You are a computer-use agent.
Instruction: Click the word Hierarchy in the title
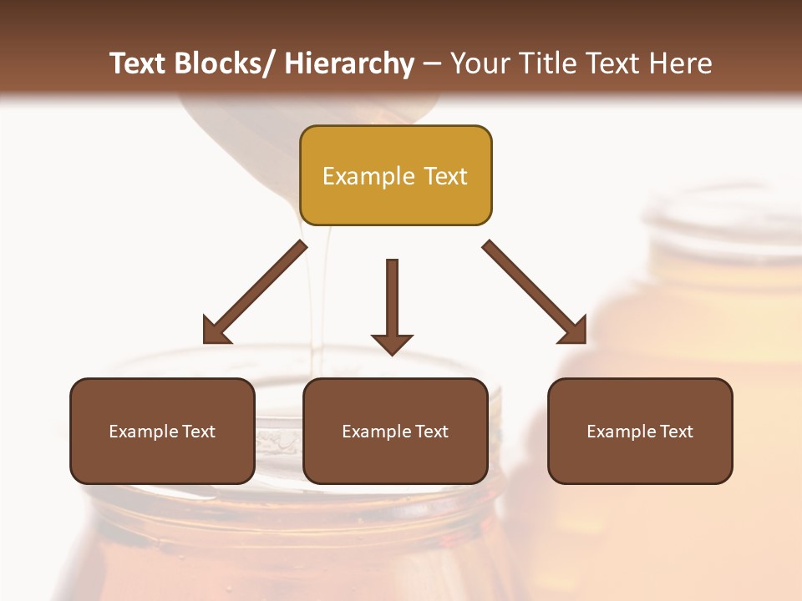click(x=349, y=63)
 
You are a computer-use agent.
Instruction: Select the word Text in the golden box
click(x=444, y=176)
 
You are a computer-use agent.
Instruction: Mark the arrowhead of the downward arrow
click(x=392, y=343)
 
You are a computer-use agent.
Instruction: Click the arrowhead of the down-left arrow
click(x=215, y=331)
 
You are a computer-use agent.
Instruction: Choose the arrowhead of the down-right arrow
click(x=574, y=331)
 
